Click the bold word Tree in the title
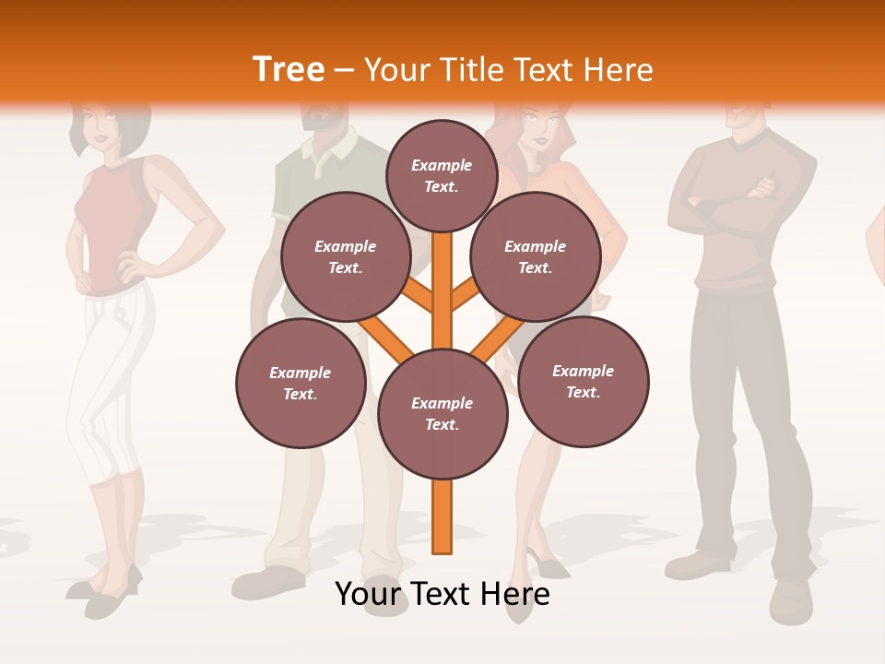pos(289,69)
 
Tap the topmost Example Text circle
pos(442,175)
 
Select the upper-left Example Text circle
pos(345,256)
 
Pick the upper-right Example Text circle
pos(536,256)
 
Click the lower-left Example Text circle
pos(301,383)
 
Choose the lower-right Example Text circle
pos(583,381)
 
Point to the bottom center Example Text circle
pos(442,414)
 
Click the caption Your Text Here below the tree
pos(442,594)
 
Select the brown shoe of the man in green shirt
pos(267,581)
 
